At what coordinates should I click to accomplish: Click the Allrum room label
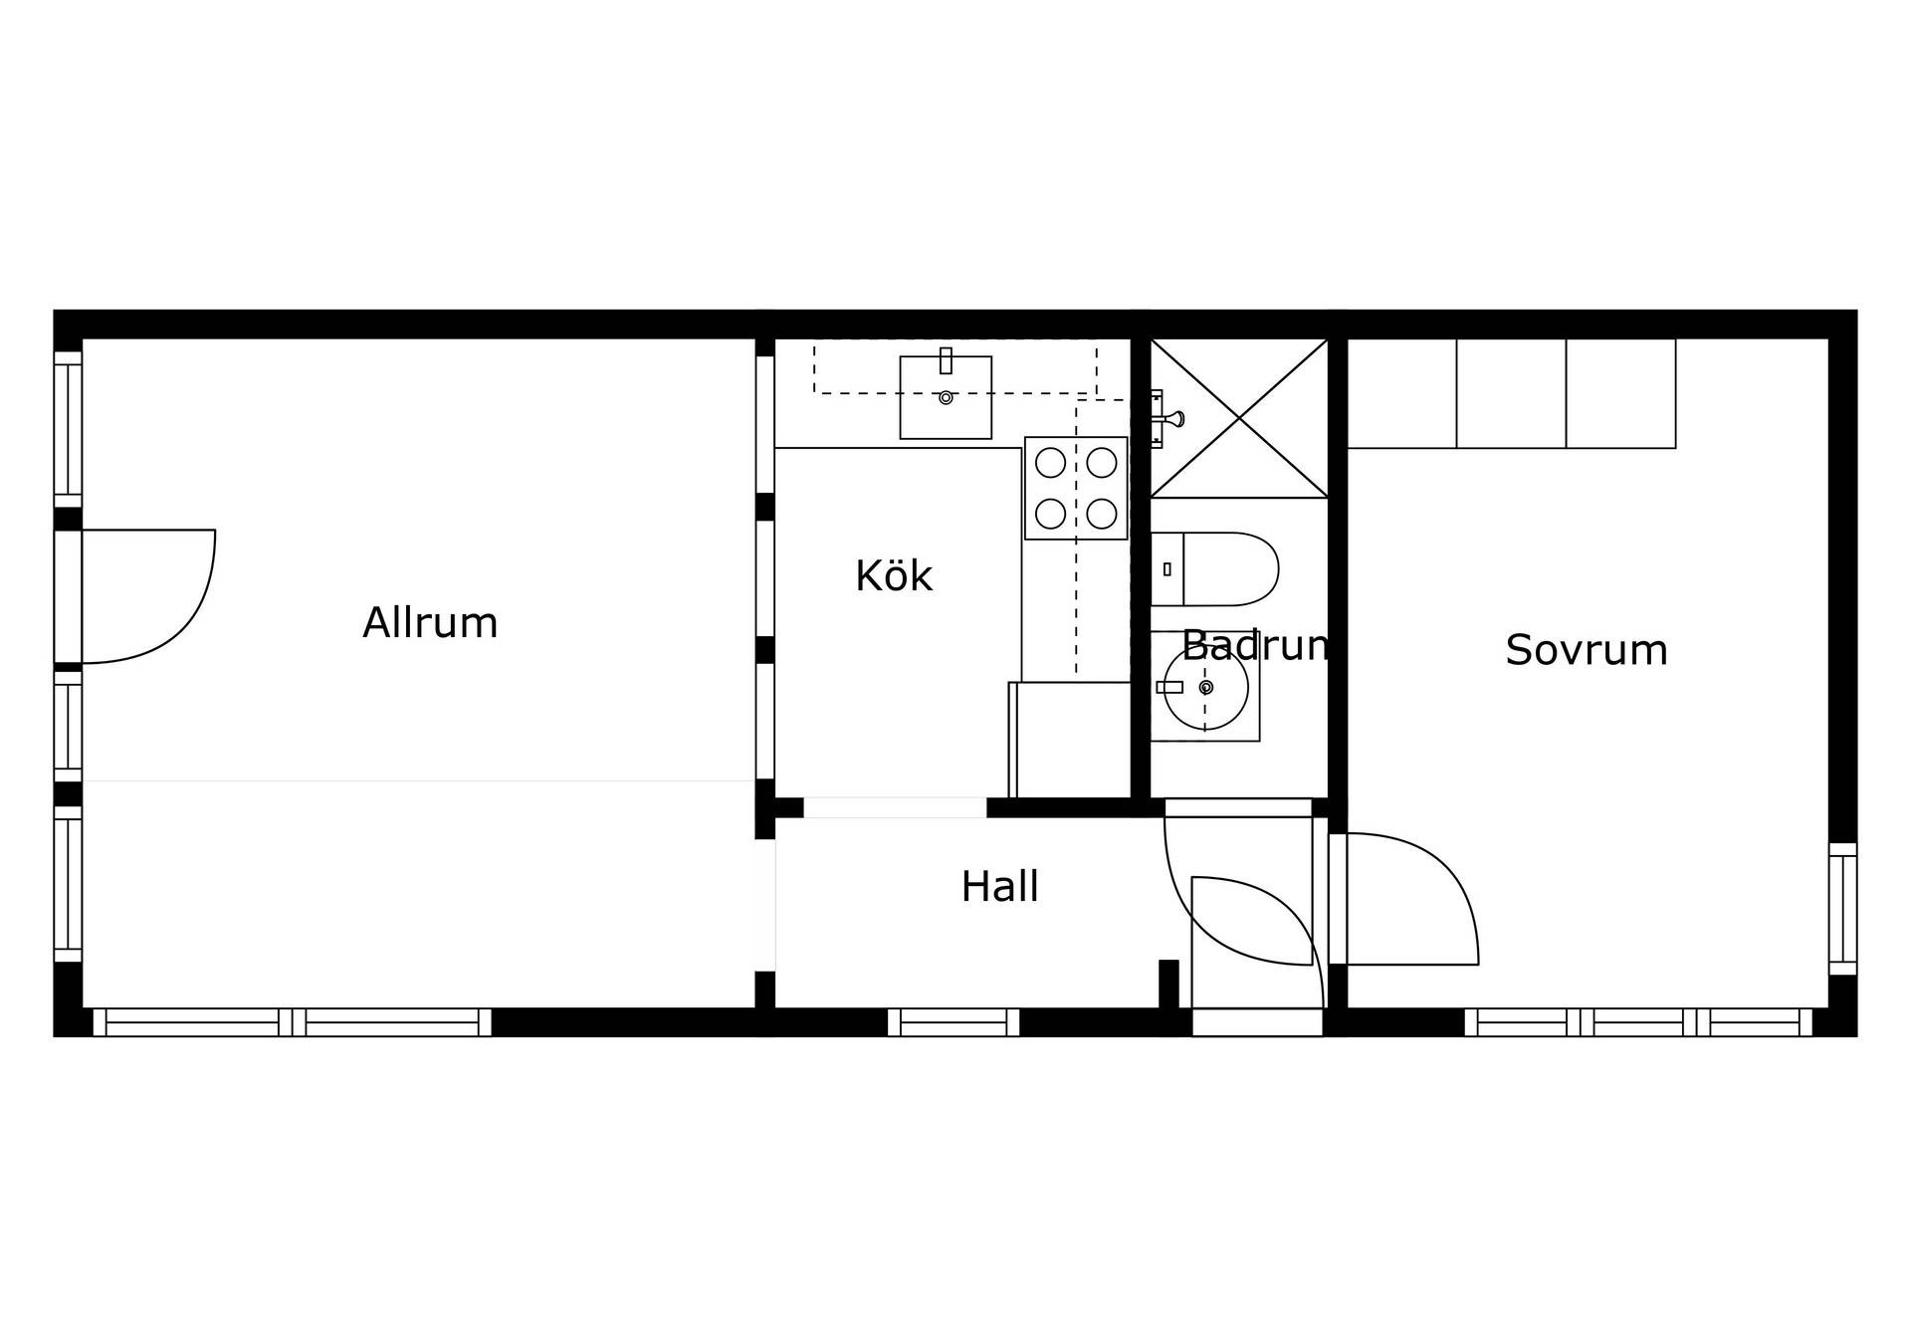(430, 623)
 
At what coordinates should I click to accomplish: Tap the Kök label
(894, 576)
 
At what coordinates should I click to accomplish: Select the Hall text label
(999, 886)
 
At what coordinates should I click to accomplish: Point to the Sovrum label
(1586, 650)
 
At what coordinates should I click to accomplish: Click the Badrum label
(1255, 646)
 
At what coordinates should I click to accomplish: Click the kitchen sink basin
(946, 397)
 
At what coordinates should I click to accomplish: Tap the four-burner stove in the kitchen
(1076, 488)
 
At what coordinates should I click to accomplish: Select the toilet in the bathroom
(1214, 569)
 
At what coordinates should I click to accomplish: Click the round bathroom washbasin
(1206, 688)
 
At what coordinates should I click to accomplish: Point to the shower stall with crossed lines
(1239, 418)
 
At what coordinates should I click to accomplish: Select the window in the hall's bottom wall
(954, 1022)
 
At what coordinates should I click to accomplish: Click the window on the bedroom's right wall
(1843, 909)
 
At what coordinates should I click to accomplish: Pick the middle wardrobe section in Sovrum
(1511, 393)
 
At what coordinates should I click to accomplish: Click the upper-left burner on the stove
(1050, 463)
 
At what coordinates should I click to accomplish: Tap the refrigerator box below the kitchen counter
(1070, 740)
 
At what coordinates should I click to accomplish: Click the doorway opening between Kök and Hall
(895, 807)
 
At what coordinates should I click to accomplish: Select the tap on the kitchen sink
(946, 360)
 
